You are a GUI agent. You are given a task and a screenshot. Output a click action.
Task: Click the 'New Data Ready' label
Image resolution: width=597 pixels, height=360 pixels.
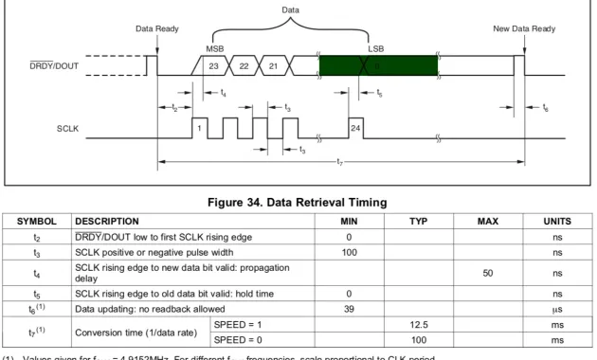click(524, 29)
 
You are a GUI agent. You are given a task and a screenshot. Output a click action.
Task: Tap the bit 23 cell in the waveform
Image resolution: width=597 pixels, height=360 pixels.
click(214, 65)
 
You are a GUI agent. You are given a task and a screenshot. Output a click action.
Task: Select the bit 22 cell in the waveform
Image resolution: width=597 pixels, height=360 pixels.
click(244, 65)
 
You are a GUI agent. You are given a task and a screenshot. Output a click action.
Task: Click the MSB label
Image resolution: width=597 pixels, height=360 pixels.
click(215, 47)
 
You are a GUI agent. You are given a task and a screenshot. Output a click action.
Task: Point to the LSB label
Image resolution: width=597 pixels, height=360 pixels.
click(376, 47)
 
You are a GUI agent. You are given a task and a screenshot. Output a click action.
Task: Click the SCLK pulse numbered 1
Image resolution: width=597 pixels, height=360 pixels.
click(200, 126)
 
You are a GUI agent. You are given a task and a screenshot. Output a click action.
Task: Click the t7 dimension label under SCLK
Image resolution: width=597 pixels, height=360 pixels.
click(339, 164)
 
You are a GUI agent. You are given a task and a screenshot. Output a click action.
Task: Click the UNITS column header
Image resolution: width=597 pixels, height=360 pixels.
click(556, 220)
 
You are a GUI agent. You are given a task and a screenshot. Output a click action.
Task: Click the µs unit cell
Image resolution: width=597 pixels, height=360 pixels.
click(556, 309)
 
